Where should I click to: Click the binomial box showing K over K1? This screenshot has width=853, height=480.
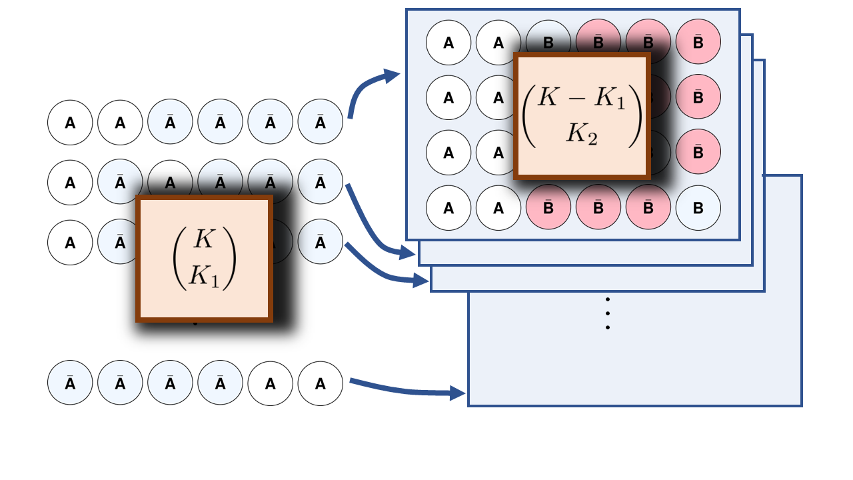pos(204,259)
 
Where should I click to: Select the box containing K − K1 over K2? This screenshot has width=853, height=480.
pos(582,116)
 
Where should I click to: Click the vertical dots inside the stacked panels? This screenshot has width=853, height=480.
pos(608,313)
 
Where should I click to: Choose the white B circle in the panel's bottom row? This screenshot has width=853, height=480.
pos(698,208)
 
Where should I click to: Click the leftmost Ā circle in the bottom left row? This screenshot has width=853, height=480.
pos(70,383)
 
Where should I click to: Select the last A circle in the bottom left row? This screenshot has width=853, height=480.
pos(321,383)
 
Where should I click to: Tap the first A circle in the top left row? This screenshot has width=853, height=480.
pos(70,123)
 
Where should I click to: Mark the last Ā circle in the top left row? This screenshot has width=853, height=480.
pos(321,123)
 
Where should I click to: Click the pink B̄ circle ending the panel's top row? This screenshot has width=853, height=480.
pos(698,43)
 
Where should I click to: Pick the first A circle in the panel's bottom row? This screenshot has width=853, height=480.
pos(448,208)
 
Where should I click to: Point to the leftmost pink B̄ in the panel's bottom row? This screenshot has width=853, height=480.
pos(548,208)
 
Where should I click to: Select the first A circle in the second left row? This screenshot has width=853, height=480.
pos(70,182)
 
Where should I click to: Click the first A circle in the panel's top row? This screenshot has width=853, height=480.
pos(448,43)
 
